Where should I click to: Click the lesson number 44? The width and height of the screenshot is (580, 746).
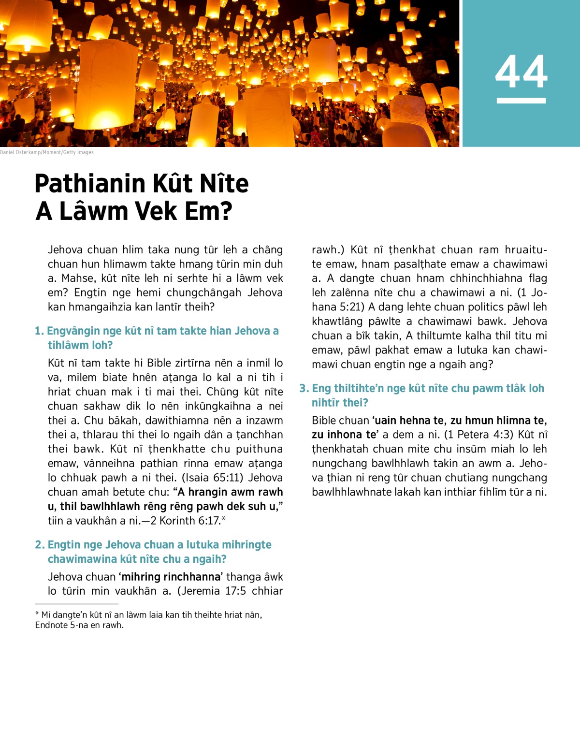click(521, 72)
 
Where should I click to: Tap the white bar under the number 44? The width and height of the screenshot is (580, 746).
click(521, 101)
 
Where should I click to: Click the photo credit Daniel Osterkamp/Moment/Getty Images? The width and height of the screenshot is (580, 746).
click(47, 152)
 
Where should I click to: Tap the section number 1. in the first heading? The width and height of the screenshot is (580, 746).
click(39, 331)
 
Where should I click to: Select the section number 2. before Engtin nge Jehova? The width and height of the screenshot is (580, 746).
click(40, 545)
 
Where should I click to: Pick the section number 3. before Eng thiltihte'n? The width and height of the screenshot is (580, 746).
click(304, 389)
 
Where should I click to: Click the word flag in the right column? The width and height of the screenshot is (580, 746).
click(537, 278)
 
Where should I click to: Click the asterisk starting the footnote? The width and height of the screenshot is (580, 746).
click(37, 614)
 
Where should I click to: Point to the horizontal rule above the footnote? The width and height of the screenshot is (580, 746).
click(76, 604)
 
